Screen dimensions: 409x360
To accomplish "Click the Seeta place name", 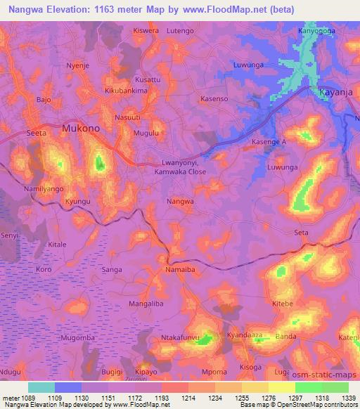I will click(36, 132).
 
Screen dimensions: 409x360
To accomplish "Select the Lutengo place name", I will click(181, 32).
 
